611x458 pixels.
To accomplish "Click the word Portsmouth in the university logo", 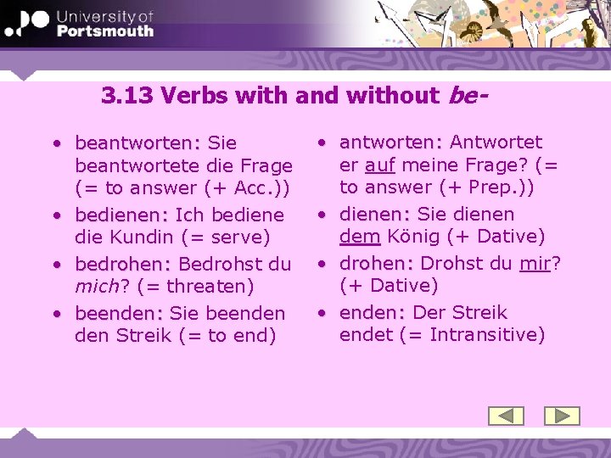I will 104,31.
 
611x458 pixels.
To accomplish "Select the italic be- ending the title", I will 467,95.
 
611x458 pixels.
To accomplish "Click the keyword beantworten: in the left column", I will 138,143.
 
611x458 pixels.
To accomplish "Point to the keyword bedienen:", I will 122,215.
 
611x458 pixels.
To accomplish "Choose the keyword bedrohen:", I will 124,265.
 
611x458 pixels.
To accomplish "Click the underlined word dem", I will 359,236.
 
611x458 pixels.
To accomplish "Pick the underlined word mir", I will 535,263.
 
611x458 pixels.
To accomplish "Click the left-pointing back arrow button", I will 507,416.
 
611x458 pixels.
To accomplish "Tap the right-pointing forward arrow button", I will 561,416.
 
